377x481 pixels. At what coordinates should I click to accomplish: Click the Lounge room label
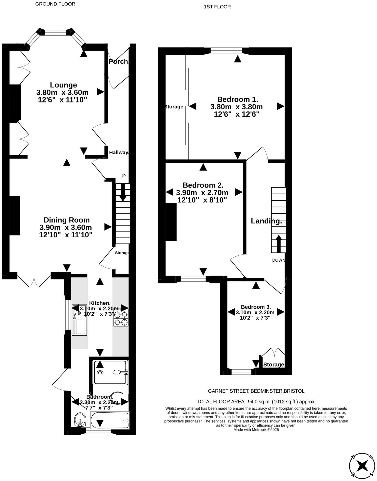pos(63,85)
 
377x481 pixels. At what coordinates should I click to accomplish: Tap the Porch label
pos(118,62)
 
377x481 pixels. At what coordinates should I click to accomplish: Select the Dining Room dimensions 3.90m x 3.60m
pos(65,227)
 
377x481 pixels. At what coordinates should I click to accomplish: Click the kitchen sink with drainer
pos(79,320)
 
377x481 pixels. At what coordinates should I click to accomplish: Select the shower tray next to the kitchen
pos(110,372)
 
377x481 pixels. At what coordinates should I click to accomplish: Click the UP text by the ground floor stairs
pos(123,176)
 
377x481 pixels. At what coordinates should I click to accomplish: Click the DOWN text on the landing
pos(278,260)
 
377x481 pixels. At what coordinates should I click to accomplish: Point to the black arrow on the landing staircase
pos(278,243)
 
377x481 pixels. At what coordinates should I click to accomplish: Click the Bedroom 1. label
pos(238,99)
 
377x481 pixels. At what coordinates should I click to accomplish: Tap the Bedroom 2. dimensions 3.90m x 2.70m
pos(202,193)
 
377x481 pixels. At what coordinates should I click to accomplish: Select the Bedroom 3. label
pos(256,307)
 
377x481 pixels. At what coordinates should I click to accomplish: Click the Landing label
pos(266,221)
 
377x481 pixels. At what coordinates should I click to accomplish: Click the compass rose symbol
pos(362,465)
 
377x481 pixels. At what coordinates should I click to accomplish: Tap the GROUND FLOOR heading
pos(55,4)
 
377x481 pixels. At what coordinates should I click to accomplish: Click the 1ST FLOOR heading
pos(217,7)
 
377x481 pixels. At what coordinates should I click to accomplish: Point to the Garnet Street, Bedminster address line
pos(256,391)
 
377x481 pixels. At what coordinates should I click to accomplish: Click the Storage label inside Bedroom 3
pos(273,365)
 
